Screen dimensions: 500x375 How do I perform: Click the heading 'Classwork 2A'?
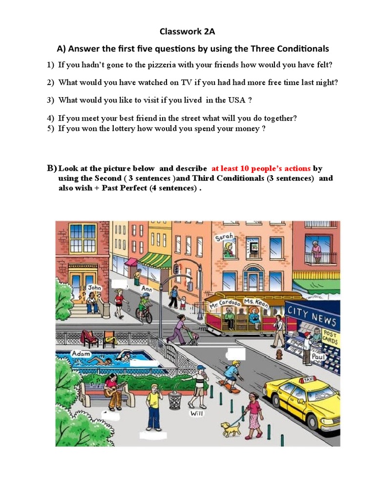[187, 32]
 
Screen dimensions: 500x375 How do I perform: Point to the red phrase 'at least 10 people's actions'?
[261, 168]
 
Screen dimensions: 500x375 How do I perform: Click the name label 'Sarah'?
[224, 238]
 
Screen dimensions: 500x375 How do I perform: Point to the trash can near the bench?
[175, 400]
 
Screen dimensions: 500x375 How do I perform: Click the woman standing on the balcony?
[316, 252]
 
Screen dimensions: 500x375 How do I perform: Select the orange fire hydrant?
[279, 354]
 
